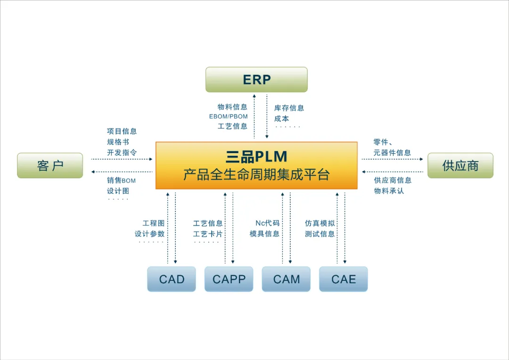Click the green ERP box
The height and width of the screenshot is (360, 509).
256,80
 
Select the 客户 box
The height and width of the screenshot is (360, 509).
50,165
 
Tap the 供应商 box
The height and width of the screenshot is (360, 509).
460,165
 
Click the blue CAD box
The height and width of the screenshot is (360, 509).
172,279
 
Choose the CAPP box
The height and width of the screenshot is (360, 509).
229,279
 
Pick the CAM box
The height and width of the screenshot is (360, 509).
286,279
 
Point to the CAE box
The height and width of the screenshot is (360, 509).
344,279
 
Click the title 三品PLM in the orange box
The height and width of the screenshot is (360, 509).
256,156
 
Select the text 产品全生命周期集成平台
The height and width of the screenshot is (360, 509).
256,175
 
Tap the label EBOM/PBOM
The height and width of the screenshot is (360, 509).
229,116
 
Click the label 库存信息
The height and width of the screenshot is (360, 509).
289,108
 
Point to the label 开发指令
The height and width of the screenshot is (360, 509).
122,152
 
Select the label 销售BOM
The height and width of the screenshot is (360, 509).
121,180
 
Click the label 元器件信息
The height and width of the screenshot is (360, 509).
392,153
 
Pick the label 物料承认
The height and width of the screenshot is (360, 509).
389,191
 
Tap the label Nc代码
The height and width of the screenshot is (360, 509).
268,223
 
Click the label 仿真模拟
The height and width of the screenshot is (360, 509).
320,223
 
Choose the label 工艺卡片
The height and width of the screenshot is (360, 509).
208,234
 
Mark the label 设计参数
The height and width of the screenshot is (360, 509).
150,234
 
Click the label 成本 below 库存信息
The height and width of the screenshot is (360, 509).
282,119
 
